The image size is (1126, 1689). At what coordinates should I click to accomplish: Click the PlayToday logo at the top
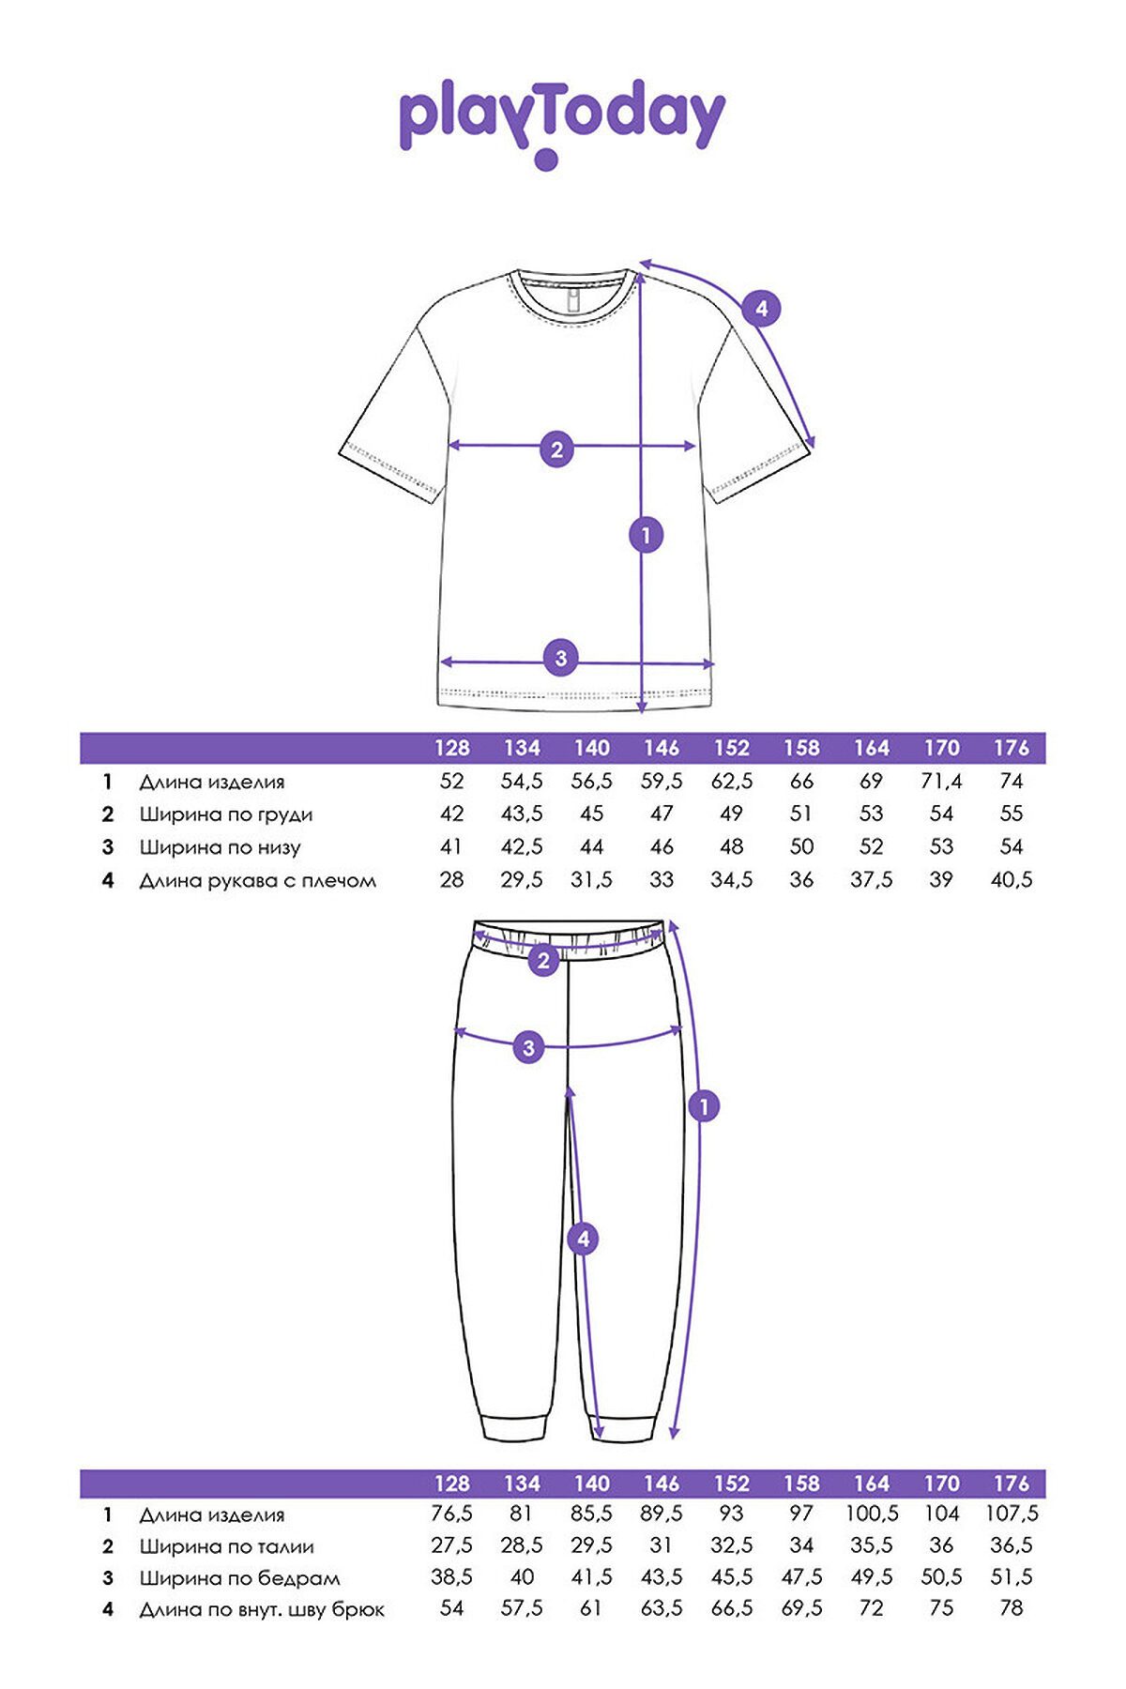pyautogui.click(x=562, y=122)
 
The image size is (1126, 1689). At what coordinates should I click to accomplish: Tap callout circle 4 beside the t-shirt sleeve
pyautogui.click(x=761, y=309)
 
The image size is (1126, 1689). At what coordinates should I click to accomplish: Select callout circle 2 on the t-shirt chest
pyautogui.click(x=556, y=449)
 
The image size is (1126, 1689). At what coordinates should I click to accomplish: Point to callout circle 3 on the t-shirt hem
pyautogui.click(x=561, y=658)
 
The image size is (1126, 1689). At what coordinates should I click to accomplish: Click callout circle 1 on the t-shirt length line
pyautogui.click(x=646, y=536)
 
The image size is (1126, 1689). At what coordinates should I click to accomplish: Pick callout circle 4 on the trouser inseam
pyautogui.click(x=584, y=1240)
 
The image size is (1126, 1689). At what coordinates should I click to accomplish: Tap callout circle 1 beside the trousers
pyautogui.click(x=704, y=1106)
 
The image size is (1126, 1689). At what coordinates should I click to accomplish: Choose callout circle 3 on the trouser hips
pyautogui.click(x=528, y=1047)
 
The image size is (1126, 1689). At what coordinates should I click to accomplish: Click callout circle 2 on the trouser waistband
pyautogui.click(x=543, y=961)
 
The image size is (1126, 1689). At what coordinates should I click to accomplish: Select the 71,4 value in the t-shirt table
pyautogui.click(x=941, y=782)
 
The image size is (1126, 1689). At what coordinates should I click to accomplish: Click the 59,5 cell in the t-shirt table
pyautogui.click(x=662, y=782)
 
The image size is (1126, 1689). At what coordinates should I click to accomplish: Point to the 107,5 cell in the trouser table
pyautogui.click(x=1012, y=1514)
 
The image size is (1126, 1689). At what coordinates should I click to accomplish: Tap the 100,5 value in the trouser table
pyautogui.click(x=872, y=1514)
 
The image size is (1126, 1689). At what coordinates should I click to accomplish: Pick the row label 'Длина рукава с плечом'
pyautogui.click(x=258, y=881)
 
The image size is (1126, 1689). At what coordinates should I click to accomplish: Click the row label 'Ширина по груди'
pyautogui.click(x=226, y=814)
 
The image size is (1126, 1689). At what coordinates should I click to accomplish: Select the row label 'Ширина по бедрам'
pyautogui.click(x=240, y=1578)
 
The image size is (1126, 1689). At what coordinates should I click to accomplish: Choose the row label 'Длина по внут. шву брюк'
pyautogui.click(x=262, y=1610)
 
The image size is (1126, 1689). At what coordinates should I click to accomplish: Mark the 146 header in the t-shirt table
pyautogui.click(x=662, y=748)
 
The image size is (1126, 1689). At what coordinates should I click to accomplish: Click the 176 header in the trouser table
pyautogui.click(x=1012, y=1484)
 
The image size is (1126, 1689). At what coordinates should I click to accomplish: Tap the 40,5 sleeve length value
pyautogui.click(x=1012, y=880)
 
